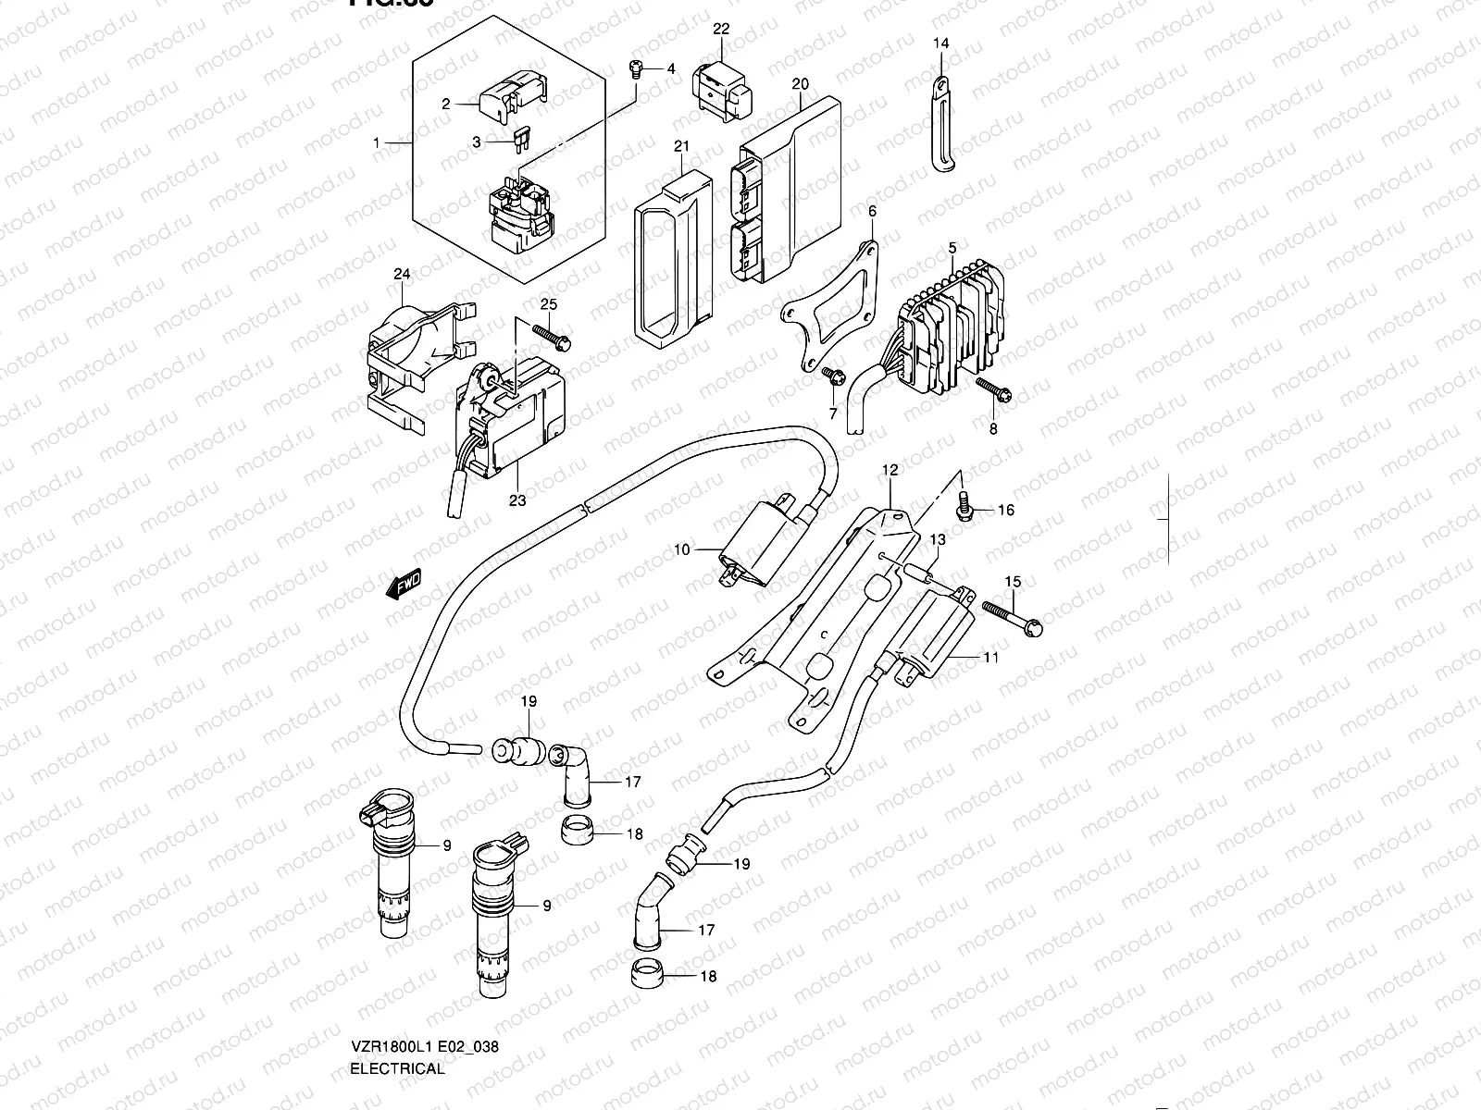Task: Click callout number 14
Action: [940, 43]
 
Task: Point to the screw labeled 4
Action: [636, 68]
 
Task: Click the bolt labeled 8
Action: [993, 391]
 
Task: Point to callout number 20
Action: [801, 84]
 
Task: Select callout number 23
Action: [517, 500]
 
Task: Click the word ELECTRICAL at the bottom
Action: [398, 1069]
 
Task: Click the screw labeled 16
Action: [963, 507]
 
